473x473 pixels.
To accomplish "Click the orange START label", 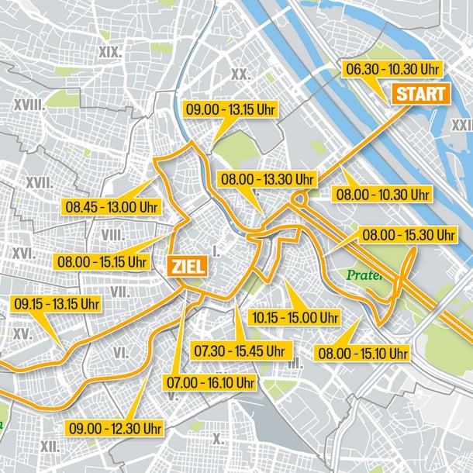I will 422,95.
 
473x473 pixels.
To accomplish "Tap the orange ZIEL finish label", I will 186,267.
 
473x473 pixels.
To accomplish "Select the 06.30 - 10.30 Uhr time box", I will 392,70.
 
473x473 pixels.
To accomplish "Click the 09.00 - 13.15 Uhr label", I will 230,109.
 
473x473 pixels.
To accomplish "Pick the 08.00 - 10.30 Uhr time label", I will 382,194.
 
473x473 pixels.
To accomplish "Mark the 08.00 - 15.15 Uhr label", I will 101,261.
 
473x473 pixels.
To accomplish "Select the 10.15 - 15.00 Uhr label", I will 295,317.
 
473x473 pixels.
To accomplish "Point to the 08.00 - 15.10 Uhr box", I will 363,354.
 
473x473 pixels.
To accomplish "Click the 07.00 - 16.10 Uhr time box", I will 209,383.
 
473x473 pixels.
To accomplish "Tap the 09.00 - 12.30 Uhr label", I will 115,428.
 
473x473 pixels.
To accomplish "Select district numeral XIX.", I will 112,52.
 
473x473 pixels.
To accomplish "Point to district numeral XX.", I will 240,74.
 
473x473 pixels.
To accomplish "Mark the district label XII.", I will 50,446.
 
